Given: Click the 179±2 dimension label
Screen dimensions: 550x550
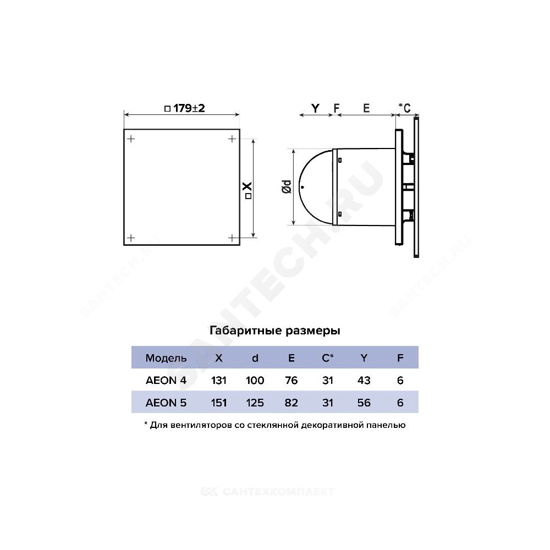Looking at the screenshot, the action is coord(184,108).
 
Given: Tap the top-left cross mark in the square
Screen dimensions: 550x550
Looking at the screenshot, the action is coord(131,139).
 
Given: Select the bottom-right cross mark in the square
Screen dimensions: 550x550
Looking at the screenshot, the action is coord(232,238).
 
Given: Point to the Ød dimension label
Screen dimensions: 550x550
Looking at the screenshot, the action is coord(287,186).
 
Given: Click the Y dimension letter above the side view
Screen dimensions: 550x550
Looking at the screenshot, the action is coord(315,108).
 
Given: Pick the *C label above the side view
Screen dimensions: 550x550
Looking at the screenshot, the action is coord(404,108).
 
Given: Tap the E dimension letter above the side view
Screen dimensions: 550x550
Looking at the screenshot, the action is coord(366,108).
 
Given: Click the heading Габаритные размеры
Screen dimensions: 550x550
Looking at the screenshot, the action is coord(274,331).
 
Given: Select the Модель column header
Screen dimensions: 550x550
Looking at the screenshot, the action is coord(166,358).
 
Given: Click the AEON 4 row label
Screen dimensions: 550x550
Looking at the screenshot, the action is coord(166,380).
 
